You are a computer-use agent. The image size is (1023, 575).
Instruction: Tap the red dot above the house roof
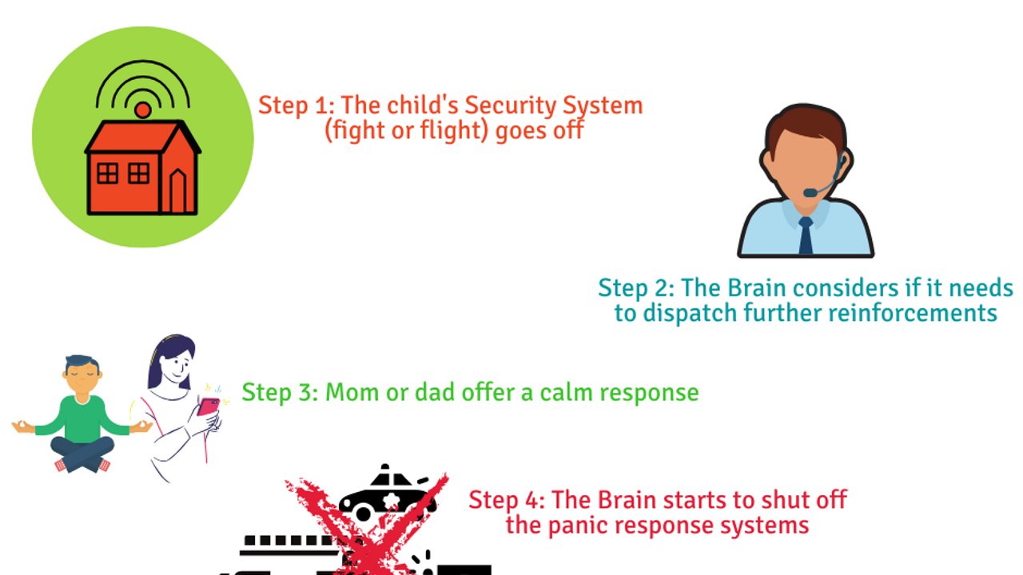tap(142, 110)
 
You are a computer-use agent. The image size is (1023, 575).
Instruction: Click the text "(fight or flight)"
tap(407, 130)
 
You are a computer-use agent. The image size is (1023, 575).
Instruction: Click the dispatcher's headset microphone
tap(810, 192)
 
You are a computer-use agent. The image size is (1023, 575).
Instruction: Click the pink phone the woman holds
tap(209, 406)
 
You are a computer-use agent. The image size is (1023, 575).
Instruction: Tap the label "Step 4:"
tap(506, 500)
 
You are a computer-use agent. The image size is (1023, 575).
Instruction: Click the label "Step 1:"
tap(296, 105)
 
